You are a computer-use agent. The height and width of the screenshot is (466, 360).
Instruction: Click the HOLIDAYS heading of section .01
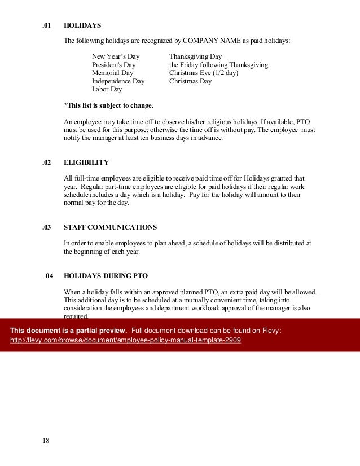tap(82, 26)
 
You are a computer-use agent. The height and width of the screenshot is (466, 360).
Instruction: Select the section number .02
tap(47, 162)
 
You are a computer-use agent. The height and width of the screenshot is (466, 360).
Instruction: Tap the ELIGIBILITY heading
tap(86, 162)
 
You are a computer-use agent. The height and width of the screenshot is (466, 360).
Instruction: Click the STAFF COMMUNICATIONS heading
tap(110, 227)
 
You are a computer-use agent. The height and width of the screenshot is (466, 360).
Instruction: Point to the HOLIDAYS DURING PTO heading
tap(106, 276)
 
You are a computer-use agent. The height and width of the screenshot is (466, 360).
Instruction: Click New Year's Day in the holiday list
tap(116, 57)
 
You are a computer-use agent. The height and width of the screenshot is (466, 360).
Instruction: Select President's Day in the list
tap(113, 65)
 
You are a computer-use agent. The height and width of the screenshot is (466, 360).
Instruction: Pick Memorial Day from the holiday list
tap(113, 73)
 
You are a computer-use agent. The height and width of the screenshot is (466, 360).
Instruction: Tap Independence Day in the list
tap(118, 81)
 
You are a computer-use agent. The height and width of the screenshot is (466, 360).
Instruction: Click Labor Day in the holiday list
tap(107, 89)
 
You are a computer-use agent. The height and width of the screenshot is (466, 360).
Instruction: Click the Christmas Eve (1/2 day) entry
tap(204, 73)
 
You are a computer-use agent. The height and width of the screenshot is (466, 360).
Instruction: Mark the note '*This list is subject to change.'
tap(108, 105)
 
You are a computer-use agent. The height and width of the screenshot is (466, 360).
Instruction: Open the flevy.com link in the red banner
tap(126, 341)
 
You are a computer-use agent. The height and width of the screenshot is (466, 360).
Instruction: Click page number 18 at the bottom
tap(46, 441)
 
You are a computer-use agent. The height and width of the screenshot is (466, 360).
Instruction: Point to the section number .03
tap(47, 227)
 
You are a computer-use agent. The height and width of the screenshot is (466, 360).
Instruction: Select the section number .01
tap(47, 26)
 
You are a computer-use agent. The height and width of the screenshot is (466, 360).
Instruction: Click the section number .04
tap(49, 276)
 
